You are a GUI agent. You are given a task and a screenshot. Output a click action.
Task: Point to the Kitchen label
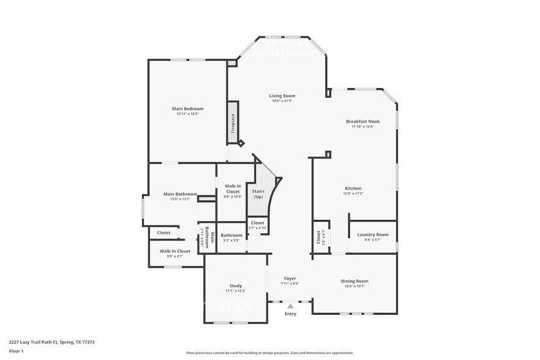tap(353, 188)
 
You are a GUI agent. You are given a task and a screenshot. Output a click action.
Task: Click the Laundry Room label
tap(373, 234)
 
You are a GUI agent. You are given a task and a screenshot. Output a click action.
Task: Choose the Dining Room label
tap(354, 281)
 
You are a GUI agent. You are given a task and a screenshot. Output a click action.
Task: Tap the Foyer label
tap(290, 279)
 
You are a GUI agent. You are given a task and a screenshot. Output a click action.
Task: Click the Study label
tap(236, 286)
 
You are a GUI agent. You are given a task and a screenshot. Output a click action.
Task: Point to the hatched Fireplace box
tap(233, 119)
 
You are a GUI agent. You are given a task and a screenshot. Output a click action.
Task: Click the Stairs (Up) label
tap(258, 193)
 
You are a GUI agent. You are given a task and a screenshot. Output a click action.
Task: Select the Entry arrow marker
tap(290, 306)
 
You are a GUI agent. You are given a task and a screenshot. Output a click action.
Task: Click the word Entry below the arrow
tap(290, 314)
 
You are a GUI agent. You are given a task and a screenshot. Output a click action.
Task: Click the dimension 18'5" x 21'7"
tap(283, 101)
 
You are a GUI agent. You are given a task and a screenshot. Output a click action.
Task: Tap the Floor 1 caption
tap(16, 351)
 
